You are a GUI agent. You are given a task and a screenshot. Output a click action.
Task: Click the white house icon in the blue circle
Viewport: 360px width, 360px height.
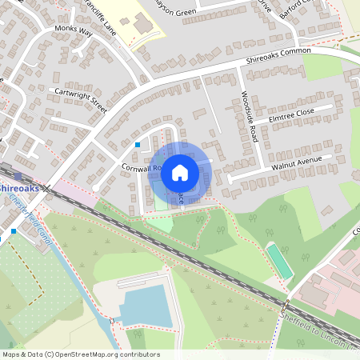[x=180, y=172]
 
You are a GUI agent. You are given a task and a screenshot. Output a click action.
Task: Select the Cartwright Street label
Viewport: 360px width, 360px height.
[x=80, y=97]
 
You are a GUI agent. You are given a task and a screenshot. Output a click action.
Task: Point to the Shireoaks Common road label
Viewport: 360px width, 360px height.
[x=278, y=55]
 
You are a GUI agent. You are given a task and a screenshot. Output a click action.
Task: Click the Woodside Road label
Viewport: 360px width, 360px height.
[x=248, y=117]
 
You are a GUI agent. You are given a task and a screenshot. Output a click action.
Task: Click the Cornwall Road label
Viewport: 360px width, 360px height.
[x=142, y=169]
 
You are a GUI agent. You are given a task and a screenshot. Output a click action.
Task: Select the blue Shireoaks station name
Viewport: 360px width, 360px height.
[x=14, y=187]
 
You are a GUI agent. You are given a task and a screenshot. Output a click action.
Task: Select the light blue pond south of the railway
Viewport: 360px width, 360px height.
[x=146, y=306]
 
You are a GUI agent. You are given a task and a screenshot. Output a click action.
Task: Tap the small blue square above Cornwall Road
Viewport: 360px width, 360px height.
[x=138, y=145]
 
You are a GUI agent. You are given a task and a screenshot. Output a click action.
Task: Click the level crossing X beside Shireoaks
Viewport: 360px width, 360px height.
[x=47, y=189]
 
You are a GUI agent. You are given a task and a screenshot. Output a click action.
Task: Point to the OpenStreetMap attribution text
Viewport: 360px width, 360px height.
[x=70, y=353]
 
